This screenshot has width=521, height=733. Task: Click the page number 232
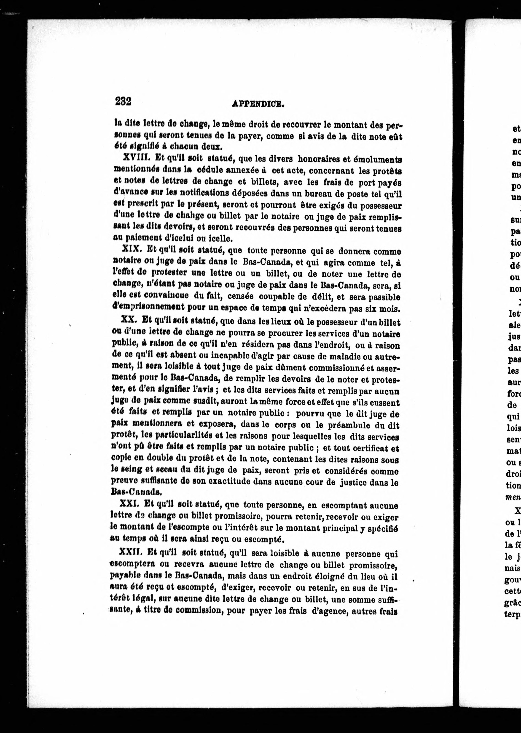coord(123,101)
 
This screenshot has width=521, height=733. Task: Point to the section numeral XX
coord(129,320)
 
